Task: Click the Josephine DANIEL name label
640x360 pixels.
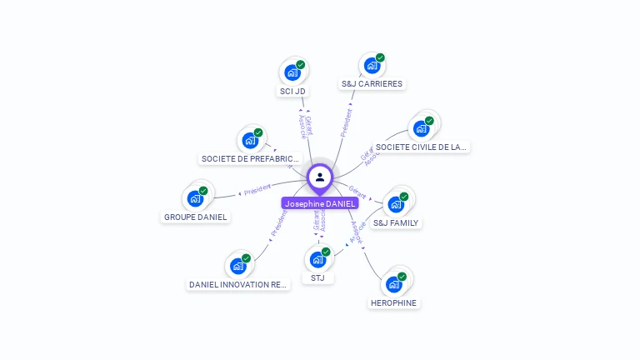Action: point(320,203)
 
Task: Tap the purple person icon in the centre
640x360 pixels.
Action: point(320,177)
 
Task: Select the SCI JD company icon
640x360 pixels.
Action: point(292,72)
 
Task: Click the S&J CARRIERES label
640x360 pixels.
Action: point(372,83)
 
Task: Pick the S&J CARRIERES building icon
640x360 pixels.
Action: point(372,65)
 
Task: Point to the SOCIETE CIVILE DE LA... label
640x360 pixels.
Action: point(421,147)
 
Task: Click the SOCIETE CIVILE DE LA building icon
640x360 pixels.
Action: point(421,128)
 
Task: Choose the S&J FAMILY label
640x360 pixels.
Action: point(396,222)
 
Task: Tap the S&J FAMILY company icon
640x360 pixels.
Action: point(396,204)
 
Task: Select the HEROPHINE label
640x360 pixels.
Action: point(393,302)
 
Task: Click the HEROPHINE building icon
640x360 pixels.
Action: point(393,284)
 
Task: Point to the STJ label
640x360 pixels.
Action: point(317,277)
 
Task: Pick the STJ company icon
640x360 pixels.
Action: point(317,259)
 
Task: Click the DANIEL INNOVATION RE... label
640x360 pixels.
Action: point(238,284)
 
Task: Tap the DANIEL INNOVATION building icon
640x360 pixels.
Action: point(238,266)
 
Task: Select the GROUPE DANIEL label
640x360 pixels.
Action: point(195,217)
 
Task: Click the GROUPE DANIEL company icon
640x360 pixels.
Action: point(195,198)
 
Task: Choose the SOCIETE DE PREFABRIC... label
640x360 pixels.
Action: point(250,158)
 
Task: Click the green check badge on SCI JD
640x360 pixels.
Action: point(301,64)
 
